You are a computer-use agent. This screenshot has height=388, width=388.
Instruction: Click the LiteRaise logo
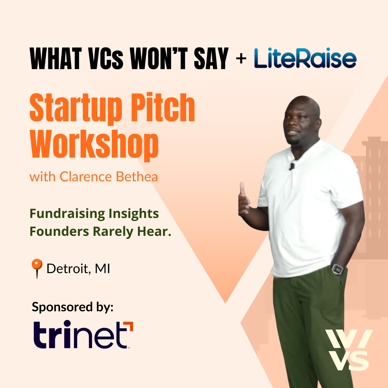[x=305, y=58]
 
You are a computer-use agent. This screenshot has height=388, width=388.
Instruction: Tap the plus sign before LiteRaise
[x=241, y=59]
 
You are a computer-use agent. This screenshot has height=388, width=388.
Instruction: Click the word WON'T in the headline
[x=159, y=59]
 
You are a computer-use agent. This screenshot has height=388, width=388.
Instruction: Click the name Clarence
[x=85, y=177]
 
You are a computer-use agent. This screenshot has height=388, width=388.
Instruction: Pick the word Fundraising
[x=67, y=214]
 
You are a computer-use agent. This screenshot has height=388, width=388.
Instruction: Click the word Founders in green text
[x=59, y=232]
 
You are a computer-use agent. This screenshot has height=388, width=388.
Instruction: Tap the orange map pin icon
[x=37, y=269]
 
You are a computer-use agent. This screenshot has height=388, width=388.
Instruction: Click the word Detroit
[x=68, y=269]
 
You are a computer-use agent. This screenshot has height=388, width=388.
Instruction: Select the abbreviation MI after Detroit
[x=102, y=269]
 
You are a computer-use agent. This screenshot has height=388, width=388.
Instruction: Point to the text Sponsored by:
[x=72, y=307]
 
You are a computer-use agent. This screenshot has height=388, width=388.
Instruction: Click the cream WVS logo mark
[x=349, y=350]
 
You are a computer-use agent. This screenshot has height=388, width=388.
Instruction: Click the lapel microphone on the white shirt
[x=292, y=166]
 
